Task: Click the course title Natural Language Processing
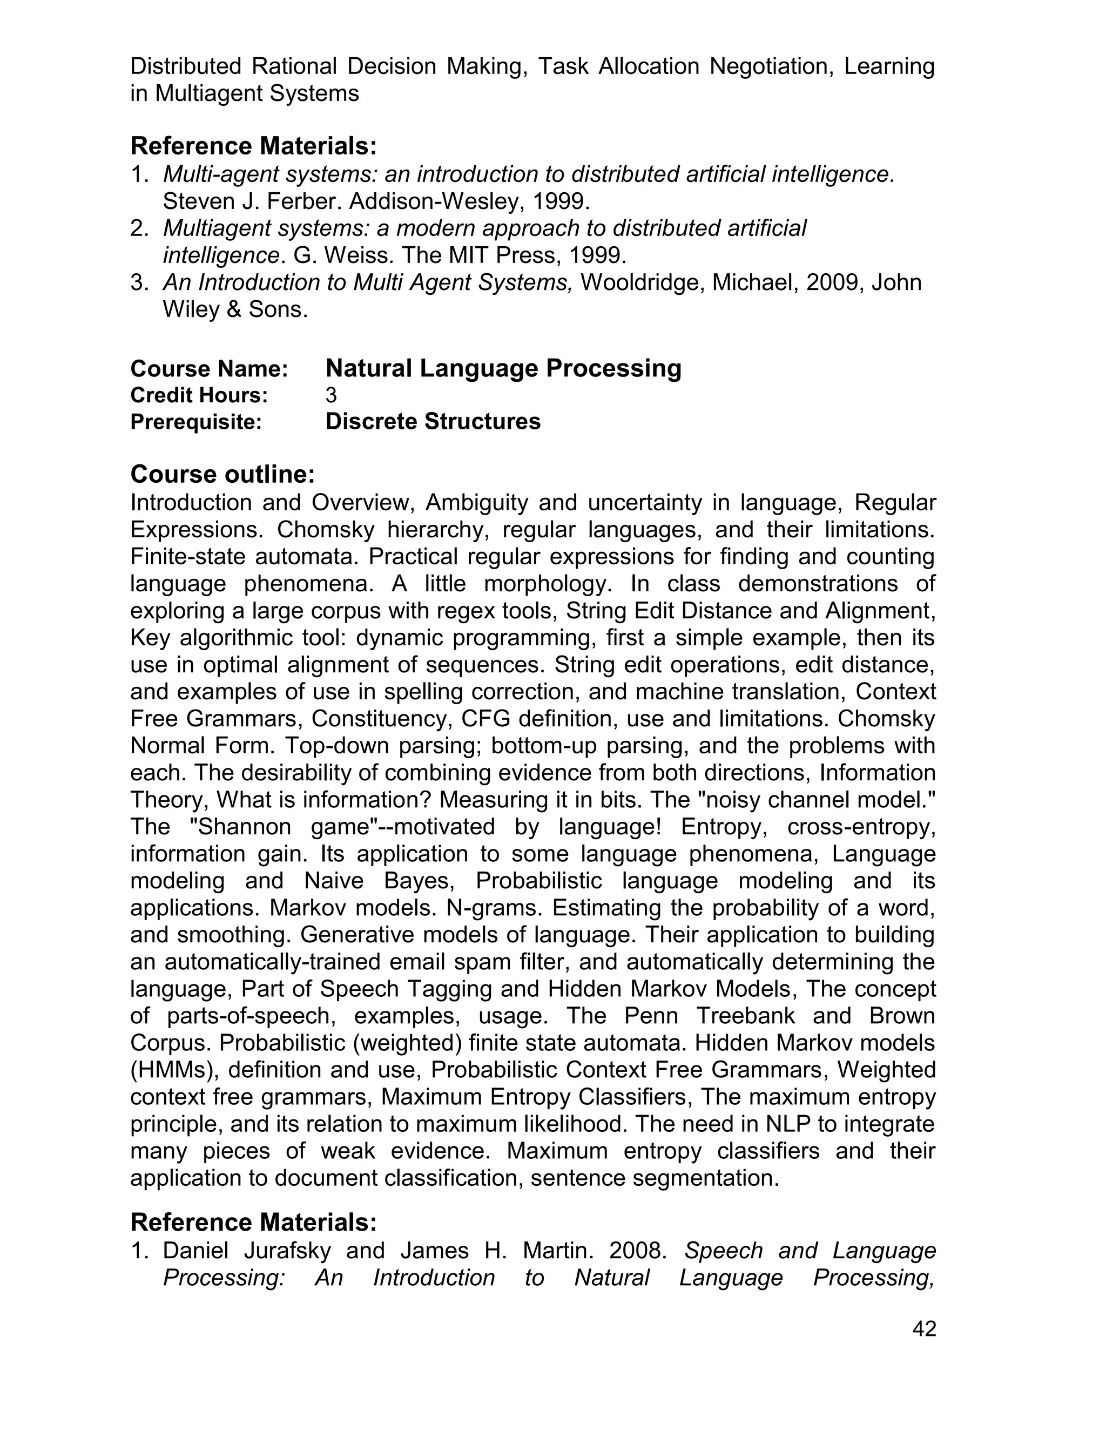point(503,368)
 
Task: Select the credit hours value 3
point(331,395)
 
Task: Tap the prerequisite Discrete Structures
point(433,421)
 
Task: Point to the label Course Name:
point(209,369)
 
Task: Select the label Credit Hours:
point(199,395)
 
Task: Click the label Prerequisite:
point(196,422)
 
